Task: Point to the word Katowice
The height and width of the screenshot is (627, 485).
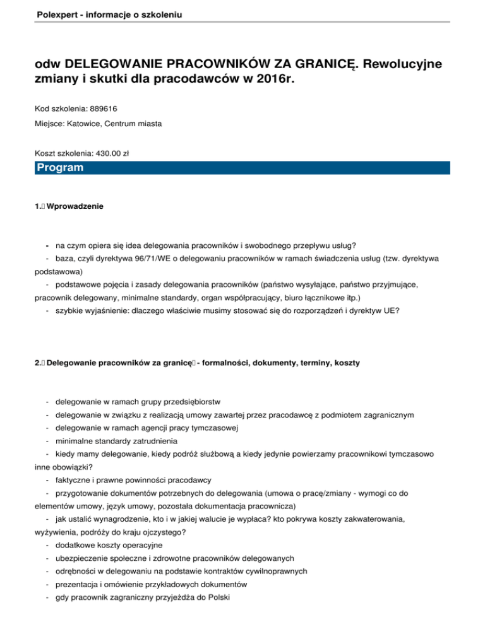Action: point(86,125)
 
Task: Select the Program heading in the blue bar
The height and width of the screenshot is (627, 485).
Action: point(60,168)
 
